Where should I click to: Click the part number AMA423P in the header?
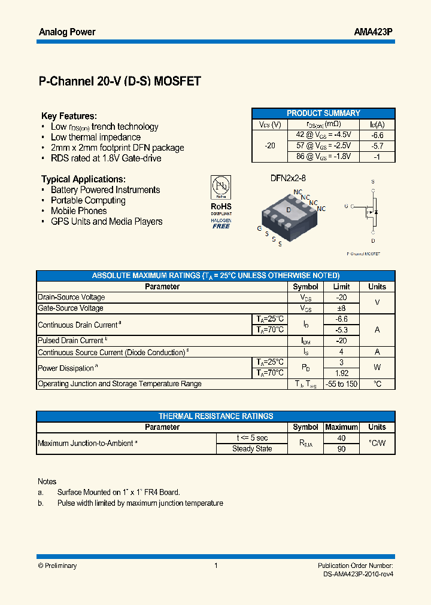[374, 32]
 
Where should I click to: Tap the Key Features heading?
[69, 116]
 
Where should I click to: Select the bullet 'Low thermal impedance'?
[96, 137]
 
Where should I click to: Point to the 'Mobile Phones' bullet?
[78, 210]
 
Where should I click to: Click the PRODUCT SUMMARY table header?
[323, 113]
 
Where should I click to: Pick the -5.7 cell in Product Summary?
[377, 146]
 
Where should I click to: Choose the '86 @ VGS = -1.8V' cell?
[323, 157]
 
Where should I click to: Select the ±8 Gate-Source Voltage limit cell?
[341, 308]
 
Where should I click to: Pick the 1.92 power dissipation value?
[341, 373]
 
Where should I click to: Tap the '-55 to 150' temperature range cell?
[341, 384]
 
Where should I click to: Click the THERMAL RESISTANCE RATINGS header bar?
[215, 416]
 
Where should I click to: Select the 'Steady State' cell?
[252, 448]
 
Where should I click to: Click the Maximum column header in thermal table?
[341, 427]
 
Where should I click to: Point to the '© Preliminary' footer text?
[57, 566]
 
